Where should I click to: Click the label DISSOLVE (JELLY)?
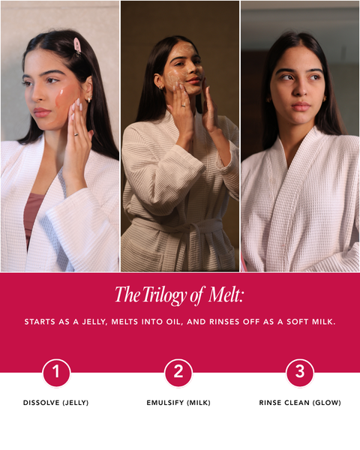click(56, 403)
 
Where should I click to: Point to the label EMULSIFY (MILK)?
click(178, 403)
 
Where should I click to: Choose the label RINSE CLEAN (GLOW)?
click(300, 403)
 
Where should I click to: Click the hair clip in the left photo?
click(76, 46)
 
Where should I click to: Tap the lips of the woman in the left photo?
click(43, 112)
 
